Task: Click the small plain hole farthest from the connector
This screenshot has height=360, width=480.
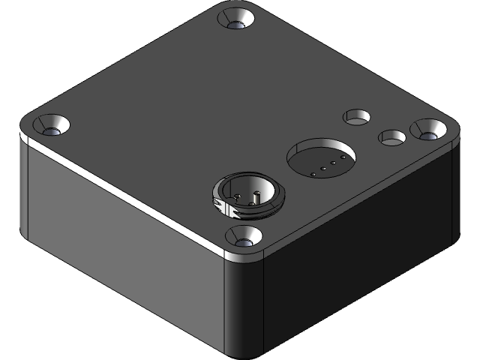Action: (x=357, y=117)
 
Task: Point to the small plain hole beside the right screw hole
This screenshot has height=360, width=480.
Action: (x=391, y=138)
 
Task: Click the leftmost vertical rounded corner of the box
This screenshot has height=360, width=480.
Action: (x=23, y=187)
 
